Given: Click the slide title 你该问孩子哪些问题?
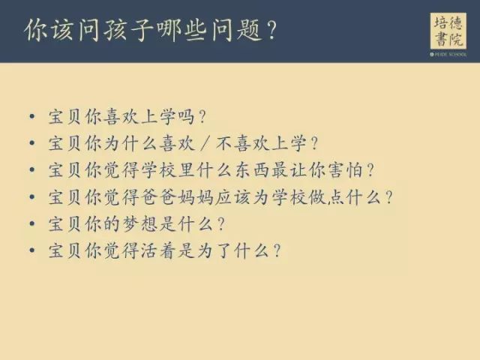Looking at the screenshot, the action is point(151,30).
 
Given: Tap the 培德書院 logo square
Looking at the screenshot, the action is point(448,31).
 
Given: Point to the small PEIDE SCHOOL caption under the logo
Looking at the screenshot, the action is point(448,55).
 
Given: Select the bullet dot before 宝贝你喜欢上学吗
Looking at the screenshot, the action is point(31,117).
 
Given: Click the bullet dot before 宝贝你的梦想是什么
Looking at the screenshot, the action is point(31,223).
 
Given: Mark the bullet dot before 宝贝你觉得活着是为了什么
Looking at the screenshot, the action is point(31,250).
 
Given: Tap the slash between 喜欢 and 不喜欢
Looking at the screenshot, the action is point(205,143).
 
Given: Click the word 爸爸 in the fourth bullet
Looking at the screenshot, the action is point(159,197).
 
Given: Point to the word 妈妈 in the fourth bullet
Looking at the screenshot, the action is point(196,197).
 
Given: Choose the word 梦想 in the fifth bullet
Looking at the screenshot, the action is point(140,223).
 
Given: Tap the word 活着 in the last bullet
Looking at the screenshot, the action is point(159,250).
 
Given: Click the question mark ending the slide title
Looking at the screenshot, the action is point(271,31).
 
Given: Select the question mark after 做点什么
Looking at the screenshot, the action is point(388,197).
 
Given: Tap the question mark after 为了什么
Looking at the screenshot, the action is point(277,250).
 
